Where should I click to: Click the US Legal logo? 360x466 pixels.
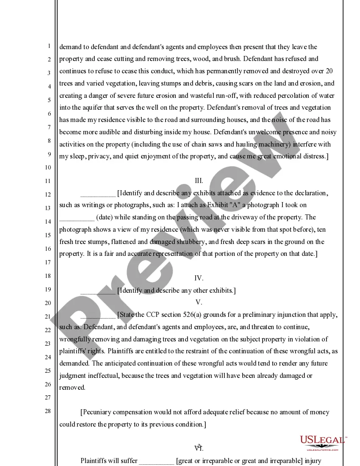pos(323,443)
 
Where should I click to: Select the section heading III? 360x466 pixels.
pos(199,181)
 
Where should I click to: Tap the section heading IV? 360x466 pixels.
pos(199,278)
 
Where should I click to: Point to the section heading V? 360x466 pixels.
pos(199,302)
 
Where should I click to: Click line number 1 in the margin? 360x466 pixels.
pos(49,46)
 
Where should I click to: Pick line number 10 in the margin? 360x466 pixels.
pos(49,167)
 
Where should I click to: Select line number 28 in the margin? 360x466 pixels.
pos(49,411)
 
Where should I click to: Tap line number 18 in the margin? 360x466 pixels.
pos(49,276)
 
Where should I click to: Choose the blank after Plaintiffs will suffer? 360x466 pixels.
pos(156,461)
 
